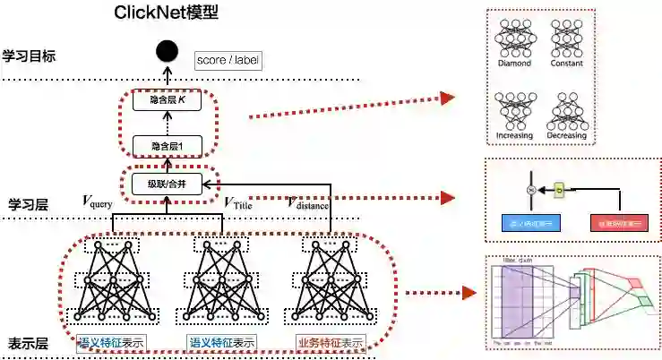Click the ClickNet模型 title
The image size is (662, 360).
[x=166, y=14]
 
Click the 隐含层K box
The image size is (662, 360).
[x=167, y=101]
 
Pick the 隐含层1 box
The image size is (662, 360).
[x=167, y=144]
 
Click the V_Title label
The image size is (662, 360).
[x=239, y=203]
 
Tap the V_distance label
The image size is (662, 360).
[x=308, y=203]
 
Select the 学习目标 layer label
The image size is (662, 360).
[x=29, y=56]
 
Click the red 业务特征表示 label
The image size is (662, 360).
[x=330, y=342]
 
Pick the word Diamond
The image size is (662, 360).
[x=515, y=64]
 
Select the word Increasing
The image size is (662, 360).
[x=515, y=135]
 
